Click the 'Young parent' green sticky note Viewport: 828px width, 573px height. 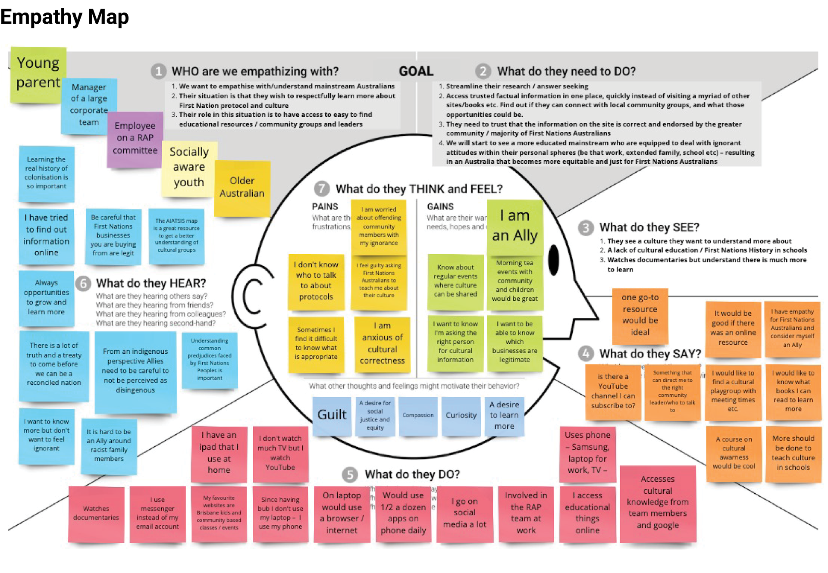click(38, 74)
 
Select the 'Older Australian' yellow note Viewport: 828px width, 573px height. click(242, 187)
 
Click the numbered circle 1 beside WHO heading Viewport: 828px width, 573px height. click(159, 71)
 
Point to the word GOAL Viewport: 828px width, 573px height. click(416, 71)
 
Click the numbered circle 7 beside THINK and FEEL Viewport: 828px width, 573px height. click(322, 189)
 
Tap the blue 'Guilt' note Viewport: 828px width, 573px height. click(332, 415)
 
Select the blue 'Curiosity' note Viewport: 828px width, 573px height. click(461, 415)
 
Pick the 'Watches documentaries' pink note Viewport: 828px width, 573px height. click(96, 514)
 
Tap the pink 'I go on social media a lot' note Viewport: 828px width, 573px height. click(464, 514)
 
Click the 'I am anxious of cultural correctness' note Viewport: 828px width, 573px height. click(382, 344)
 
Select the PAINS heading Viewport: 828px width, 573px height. click(325, 207)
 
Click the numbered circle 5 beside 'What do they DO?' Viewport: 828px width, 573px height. click(350, 475)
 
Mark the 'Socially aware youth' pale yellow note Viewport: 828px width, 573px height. click(189, 167)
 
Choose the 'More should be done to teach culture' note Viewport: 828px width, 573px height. click(793, 453)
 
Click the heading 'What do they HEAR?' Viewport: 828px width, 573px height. click(151, 283)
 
